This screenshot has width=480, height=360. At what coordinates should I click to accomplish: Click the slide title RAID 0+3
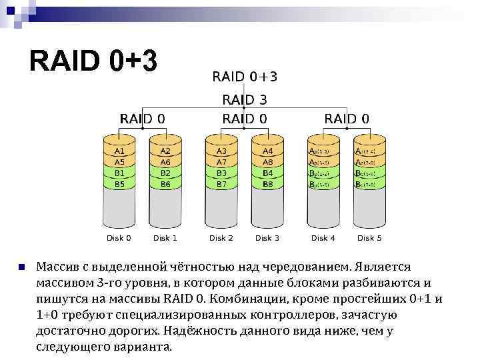click(x=93, y=62)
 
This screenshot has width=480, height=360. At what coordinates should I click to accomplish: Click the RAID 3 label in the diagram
click(x=244, y=99)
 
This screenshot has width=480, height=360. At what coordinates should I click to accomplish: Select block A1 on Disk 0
click(x=119, y=152)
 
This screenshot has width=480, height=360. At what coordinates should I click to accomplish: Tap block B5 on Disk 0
click(x=119, y=183)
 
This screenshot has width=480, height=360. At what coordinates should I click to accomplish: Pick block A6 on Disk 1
click(x=165, y=162)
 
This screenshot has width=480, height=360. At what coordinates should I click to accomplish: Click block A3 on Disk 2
click(x=221, y=152)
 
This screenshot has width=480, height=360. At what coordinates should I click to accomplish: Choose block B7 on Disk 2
click(x=221, y=183)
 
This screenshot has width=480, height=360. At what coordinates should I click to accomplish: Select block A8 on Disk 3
click(x=267, y=162)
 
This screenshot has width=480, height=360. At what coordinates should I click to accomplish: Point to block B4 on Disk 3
click(x=267, y=173)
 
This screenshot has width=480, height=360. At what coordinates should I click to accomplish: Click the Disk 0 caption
click(x=119, y=238)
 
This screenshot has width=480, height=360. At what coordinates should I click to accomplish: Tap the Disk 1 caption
click(x=165, y=238)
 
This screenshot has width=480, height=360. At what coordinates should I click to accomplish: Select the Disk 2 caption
click(x=221, y=238)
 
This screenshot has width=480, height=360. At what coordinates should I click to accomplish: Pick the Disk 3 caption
click(x=267, y=238)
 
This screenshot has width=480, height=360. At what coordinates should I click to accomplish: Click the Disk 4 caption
click(x=323, y=238)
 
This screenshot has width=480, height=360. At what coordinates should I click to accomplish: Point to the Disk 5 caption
click(x=369, y=238)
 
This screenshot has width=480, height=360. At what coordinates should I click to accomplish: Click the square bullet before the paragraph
click(x=22, y=267)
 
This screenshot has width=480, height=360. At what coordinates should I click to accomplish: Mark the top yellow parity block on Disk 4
click(x=323, y=152)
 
